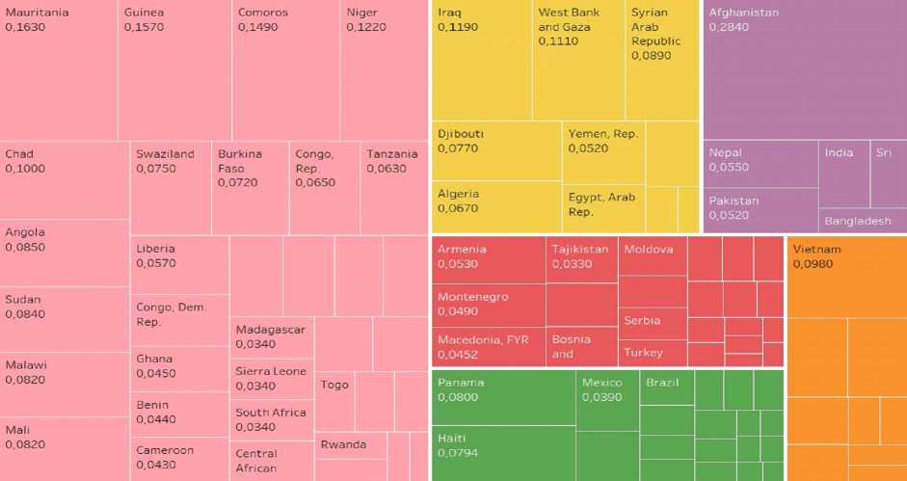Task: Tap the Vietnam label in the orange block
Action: (816, 250)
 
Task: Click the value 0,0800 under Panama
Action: (457, 396)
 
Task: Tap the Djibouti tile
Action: (495, 149)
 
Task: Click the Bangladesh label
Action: (858, 221)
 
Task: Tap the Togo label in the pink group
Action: (334, 385)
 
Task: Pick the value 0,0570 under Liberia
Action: (156, 262)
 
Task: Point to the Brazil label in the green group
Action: (663, 383)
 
